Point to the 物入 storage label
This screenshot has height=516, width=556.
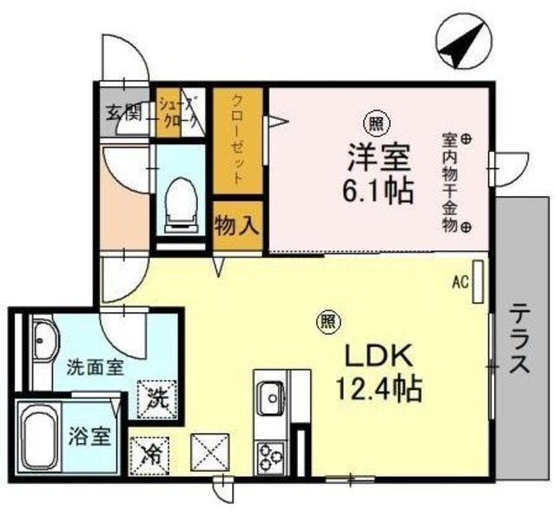point(236,227)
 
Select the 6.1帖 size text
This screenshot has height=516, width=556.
point(380,189)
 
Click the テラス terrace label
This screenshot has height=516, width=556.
point(520,339)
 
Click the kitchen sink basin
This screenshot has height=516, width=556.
point(271,396)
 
